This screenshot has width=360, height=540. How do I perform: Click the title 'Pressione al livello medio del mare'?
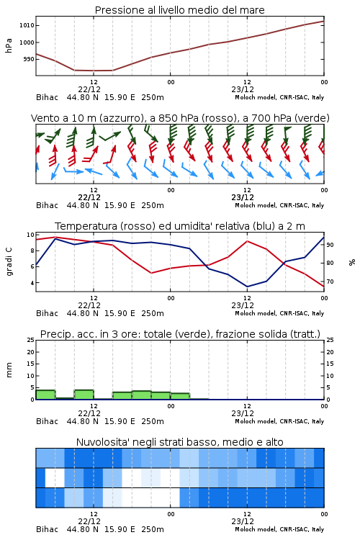point(179,10)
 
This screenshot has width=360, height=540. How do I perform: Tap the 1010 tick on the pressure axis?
point(27,25)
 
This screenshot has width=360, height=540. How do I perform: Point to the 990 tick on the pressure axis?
point(29,59)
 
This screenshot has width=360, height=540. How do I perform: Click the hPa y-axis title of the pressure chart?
point(9,45)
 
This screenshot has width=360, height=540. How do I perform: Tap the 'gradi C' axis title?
point(9,262)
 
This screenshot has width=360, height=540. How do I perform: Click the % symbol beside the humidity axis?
point(352,262)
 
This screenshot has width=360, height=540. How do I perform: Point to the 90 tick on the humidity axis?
point(330,245)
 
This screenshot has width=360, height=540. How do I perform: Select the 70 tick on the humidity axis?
point(330,282)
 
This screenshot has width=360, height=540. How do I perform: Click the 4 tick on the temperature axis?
point(32,283)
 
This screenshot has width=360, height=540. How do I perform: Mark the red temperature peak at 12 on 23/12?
point(247,241)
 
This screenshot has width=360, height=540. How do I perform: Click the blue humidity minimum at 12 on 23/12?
point(247,287)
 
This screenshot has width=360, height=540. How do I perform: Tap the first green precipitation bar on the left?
point(45,395)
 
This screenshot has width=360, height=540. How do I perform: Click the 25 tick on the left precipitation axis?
point(31,341)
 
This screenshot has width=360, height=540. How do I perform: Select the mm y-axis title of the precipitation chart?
point(9,370)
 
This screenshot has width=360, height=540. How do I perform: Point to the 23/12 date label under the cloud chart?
point(243,521)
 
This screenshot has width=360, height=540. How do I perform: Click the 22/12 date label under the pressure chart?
point(89,89)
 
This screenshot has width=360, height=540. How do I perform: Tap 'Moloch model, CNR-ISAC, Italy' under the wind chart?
point(279,205)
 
